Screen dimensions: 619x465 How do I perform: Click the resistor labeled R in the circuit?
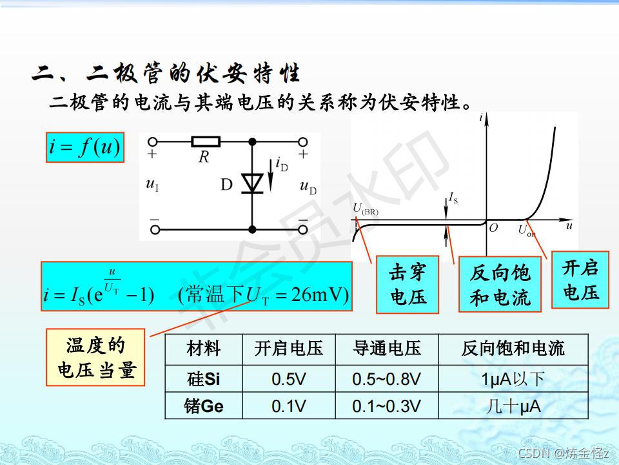[x=206, y=141]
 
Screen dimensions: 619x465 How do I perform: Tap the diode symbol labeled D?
[x=251, y=184]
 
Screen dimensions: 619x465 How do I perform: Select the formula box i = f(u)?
[x=84, y=148]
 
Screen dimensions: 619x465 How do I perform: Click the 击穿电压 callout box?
[x=408, y=285]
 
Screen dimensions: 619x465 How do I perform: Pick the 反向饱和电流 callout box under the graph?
[x=500, y=285]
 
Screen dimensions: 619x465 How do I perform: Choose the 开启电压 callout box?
[x=580, y=280]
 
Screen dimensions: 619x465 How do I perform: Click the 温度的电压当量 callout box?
[x=96, y=358]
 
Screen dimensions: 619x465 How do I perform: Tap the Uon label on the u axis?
[x=526, y=230]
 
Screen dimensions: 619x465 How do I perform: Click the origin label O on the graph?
[x=493, y=228]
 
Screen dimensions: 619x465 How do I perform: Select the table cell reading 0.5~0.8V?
[x=386, y=378]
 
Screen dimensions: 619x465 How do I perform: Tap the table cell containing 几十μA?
[x=513, y=406]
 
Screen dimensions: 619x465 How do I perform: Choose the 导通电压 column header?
[x=386, y=349]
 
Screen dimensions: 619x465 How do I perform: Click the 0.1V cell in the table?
[x=288, y=406]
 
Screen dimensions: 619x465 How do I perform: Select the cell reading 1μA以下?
[x=513, y=378]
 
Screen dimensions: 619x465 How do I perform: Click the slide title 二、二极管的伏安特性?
[x=166, y=74]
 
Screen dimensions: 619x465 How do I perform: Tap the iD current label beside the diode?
[x=281, y=164]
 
